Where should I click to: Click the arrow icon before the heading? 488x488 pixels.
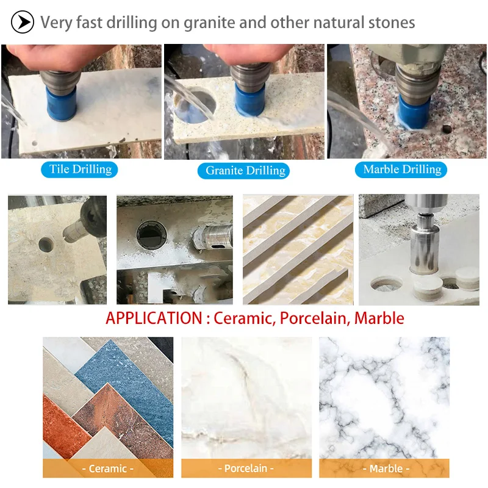click(x=23, y=23)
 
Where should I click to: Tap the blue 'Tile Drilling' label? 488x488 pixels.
click(x=79, y=169)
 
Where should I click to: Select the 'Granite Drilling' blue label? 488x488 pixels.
click(x=244, y=170)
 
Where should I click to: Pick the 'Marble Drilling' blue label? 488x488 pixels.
click(x=403, y=169)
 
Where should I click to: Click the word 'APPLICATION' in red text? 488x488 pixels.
click(x=154, y=318)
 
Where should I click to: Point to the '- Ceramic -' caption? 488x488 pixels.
click(x=108, y=468)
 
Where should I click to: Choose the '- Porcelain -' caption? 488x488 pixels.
click(x=246, y=468)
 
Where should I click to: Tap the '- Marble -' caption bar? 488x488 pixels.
click(x=385, y=468)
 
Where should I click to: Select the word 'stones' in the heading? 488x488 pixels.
click(x=391, y=23)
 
